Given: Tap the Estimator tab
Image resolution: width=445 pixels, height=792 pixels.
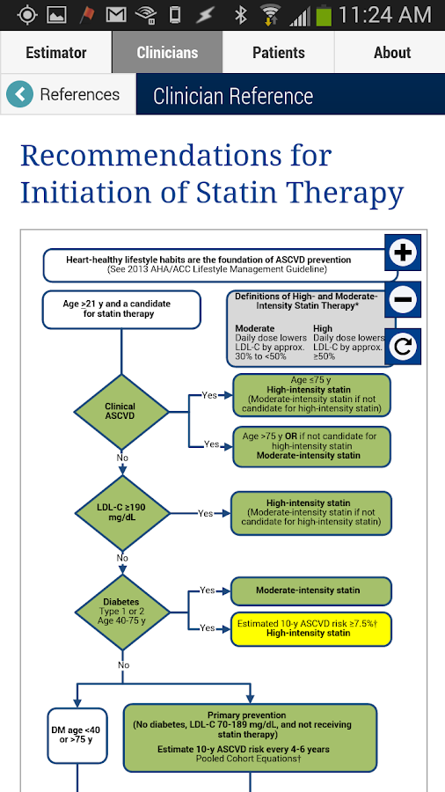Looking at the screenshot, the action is pyautogui.click(x=56, y=53).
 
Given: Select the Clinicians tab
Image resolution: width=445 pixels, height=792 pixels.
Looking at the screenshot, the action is pyautogui.click(x=167, y=53).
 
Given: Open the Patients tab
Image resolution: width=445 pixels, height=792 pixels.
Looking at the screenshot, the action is pyautogui.click(x=279, y=53).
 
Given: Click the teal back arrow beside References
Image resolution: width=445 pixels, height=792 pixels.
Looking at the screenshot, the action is pyautogui.click(x=19, y=94).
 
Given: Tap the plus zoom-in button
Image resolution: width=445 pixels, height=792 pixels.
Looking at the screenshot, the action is pyautogui.click(x=403, y=252).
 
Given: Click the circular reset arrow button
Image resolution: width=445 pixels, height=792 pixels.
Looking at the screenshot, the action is pyautogui.click(x=403, y=347).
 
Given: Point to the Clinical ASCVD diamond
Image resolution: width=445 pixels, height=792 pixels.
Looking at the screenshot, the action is pyautogui.click(x=121, y=412).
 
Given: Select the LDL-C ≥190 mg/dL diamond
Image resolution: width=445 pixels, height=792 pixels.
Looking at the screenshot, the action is pyautogui.click(x=121, y=513).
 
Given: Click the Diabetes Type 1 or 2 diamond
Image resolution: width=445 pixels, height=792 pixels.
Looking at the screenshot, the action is pyautogui.click(x=121, y=612).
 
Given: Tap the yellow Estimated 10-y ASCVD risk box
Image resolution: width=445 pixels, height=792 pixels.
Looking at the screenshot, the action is pyautogui.click(x=311, y=629).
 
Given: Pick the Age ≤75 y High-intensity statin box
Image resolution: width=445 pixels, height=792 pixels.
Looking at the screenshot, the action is pyautogui.click(x=311, y=395).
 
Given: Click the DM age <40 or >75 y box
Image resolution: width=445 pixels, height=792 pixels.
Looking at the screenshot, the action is pyautogui.click(x=77, y=736).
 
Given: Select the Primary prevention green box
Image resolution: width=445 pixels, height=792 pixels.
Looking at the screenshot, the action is pyautogui.click(x=251, y=738).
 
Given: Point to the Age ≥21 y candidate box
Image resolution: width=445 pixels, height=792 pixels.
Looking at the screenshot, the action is pyautogui.click(x=121, y=310).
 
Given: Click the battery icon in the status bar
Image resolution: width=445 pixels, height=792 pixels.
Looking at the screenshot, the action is pyautogui.click(x=324, y=16).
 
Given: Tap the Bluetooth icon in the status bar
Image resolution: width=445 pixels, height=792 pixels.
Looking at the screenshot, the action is pyautogui.click(x=240, y=16).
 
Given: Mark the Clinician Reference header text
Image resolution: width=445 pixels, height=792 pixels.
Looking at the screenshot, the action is pyautogui.click(x=233, y=95).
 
